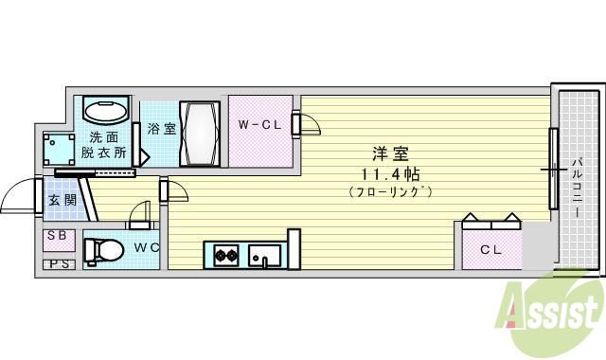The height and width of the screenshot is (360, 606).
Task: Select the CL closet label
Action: (x=490, y=250)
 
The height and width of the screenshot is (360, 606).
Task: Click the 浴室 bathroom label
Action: (x=160, y=129)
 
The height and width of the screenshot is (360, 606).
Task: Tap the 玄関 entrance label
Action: (x=62, y=199)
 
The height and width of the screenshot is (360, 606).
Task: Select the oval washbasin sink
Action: (x=104, y=110)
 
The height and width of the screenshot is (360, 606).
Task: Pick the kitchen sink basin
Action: (x=263, y=255)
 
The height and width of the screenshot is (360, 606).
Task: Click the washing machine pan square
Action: (x=61, y=148)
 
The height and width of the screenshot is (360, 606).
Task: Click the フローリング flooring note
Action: (x=390, y=192)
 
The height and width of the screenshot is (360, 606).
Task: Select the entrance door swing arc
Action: (x=16, y=193)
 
